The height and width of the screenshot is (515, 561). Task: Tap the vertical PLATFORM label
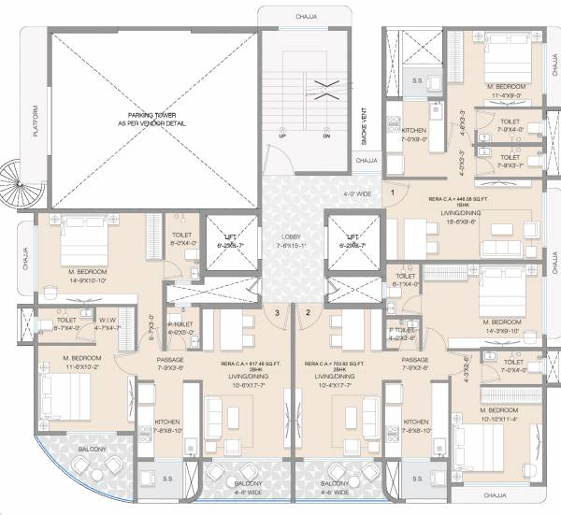[x=35, y=120]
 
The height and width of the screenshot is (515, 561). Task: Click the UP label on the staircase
[x=281, y=136]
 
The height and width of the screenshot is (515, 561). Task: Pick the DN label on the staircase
[x=326, y=136]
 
